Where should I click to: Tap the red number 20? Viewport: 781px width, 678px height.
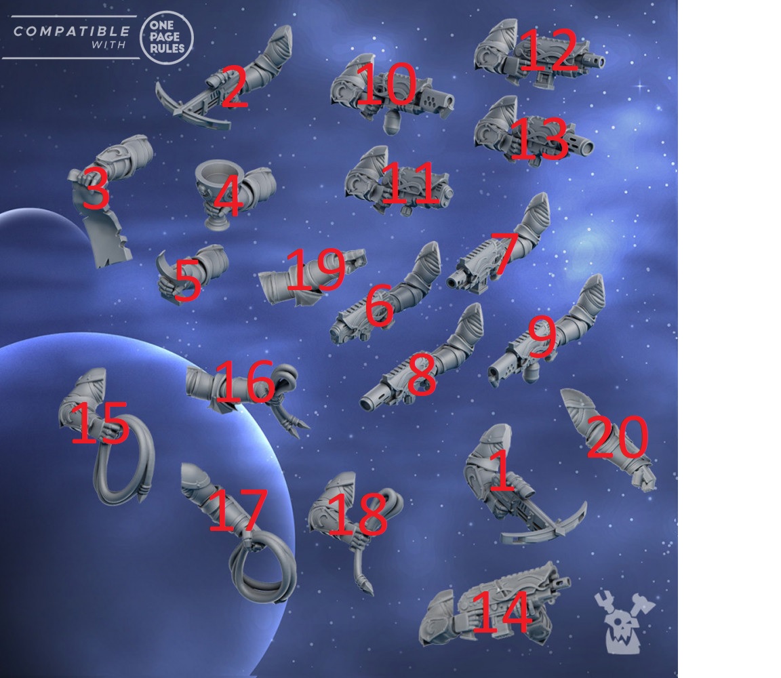pos(618,437)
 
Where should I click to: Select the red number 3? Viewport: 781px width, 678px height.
pos(95,188)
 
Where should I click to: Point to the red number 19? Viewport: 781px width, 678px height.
pos(316,268)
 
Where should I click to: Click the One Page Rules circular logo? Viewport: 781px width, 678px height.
pos(167,37)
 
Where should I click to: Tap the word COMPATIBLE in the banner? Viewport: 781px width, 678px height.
pos(71,31)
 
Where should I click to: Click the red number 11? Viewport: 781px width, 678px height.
pos(409,183)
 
